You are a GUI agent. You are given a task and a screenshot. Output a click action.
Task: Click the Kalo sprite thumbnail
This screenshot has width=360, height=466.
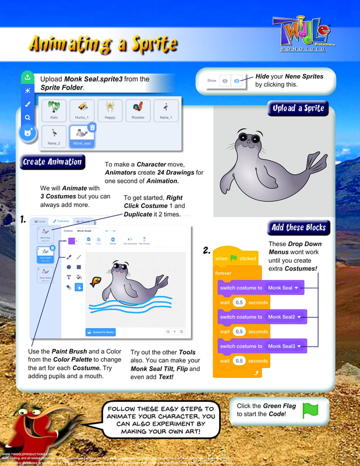pyautogui.click(x=54, y=109)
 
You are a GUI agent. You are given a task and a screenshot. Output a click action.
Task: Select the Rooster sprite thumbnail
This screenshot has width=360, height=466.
pyautogui.click(x=138, y=109)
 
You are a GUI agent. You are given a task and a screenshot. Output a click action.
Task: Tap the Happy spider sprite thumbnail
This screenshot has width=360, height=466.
pyautogui.click(x=110, y=109)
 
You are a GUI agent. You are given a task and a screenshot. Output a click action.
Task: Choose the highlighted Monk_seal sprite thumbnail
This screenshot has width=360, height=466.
pyautogui.click(x=82, y=135)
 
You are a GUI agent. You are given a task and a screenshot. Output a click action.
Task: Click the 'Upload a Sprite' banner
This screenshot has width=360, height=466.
pyautogui.click(x=298, y=108)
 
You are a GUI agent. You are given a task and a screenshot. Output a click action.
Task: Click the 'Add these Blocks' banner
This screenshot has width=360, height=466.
pyautogui.click(x=298, y=227)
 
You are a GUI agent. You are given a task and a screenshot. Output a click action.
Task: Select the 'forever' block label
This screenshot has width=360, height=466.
pyautogui.click(x=223, y=273)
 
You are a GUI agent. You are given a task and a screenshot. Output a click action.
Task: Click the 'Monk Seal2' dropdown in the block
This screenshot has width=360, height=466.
pyautogui.click(x=285, y=317)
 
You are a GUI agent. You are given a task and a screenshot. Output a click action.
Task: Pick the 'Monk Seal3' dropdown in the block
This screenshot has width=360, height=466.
pyautogui.click(x=285, y=346)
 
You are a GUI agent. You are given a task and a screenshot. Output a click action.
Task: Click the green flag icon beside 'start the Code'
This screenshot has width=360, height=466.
pyautogui.click(x=310, y=411)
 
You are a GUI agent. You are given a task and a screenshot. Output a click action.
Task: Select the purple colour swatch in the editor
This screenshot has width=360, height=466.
pyautogui.click(x=71, y=241)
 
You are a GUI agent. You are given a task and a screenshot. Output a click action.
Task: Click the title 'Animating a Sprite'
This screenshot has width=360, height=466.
pyautogui.click(x=102, y=44)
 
